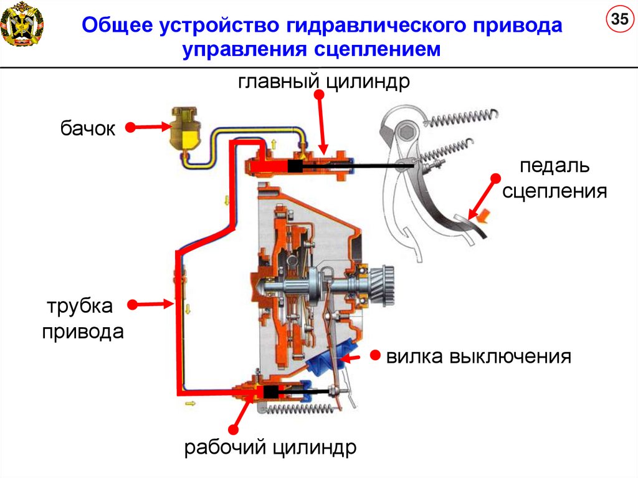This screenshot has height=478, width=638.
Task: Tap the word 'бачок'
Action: coord(88,129)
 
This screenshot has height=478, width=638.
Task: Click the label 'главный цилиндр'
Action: coord(323,81)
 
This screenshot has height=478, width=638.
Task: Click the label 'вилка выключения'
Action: coord(478,356)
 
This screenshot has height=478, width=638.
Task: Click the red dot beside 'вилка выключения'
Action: coord(375,355)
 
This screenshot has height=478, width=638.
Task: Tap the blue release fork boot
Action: coord(328,364)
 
